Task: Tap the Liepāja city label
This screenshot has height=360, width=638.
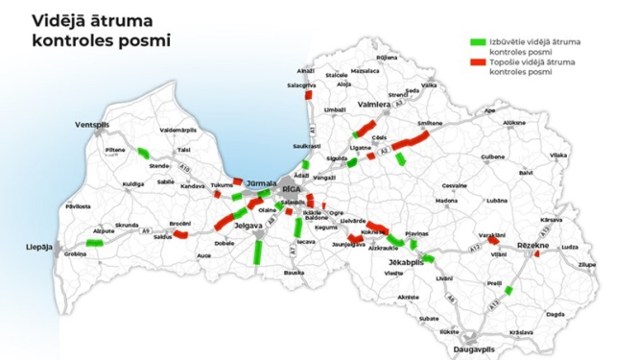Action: click(x=37, y=247)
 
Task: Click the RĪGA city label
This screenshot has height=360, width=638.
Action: click(x=291, y=191)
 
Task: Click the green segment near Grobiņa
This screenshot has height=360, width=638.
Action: click(x=94, y=244)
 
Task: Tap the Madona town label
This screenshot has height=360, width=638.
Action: click(x=446, y=202)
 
